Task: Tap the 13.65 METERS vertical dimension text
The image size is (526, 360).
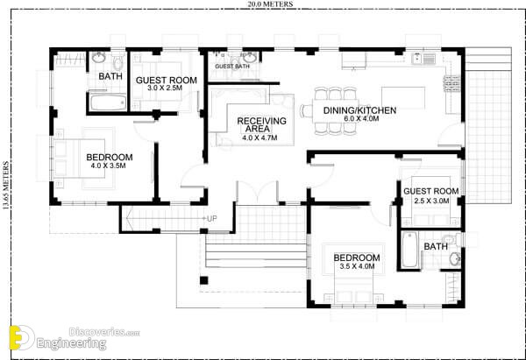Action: coord(6,186)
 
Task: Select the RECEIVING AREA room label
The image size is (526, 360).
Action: coord(261,124)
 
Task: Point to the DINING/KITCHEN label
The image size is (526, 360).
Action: coord(359,110)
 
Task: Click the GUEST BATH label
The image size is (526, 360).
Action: coord(232,67)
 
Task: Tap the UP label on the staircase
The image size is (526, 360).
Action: coord(211,219)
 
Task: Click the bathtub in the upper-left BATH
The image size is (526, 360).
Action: coord(108,102)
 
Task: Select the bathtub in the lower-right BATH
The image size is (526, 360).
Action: coord(409,250)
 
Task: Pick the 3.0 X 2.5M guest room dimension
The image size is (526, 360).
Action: coord(165,88)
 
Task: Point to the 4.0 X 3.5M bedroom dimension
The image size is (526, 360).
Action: coord(108,166)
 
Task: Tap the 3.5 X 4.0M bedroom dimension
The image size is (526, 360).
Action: coord(357,266)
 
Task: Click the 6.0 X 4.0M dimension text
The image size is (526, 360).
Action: coord(361,118)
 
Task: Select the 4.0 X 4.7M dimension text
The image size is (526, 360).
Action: coord(259,138)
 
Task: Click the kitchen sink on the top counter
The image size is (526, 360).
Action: coord(423,59)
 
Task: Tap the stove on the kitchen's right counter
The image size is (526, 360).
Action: coord(450,84)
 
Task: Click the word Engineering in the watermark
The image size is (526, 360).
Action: coord(71,343)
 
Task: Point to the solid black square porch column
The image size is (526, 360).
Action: coord(203,280)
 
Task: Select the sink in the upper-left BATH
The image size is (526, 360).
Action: coord(98,58)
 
